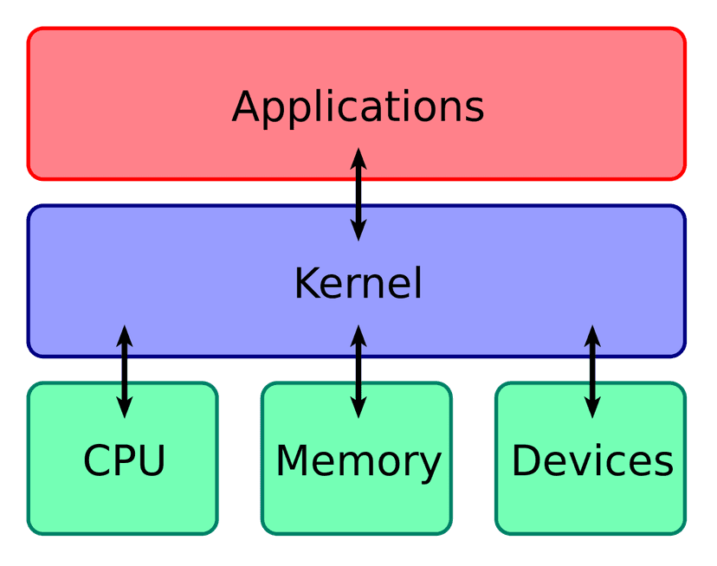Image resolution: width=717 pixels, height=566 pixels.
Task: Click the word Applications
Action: click(x=358, y=107)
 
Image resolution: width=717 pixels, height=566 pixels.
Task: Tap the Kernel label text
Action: click(x=358, y=283)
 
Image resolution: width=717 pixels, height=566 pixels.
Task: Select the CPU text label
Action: click(x=124, y=460)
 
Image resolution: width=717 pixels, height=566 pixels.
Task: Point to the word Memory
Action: click(x=358, y=460)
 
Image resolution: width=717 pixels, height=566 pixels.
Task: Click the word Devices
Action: click(x=592, y=460)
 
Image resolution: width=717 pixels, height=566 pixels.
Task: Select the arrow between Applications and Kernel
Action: click(x=358, y=194)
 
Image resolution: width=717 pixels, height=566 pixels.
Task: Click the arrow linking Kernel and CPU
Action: click(x=124, y=371)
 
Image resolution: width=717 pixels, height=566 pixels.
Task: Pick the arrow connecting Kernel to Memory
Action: click(x=358, y=371)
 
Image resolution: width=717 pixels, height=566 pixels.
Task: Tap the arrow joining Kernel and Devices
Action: click(x=592, y=371)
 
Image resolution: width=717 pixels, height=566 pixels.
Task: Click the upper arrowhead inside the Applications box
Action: click(x=358, y=158)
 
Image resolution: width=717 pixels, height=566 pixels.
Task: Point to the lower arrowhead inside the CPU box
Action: click(x=124, y=408)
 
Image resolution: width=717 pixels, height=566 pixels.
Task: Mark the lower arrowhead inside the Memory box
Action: click(x=358, y=408)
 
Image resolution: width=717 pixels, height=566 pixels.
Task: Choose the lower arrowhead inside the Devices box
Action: click(x=592, y=408)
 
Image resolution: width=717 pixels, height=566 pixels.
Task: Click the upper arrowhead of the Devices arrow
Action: click(x=592, y=336)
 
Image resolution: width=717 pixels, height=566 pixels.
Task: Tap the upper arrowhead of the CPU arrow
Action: click(x=124, y=336)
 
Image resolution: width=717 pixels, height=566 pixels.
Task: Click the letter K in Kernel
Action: click(x=307, y=283)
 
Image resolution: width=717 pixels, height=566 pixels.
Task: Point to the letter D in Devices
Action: click(x=526, y=460)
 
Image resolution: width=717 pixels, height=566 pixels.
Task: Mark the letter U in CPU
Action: click(x=151, y=460)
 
